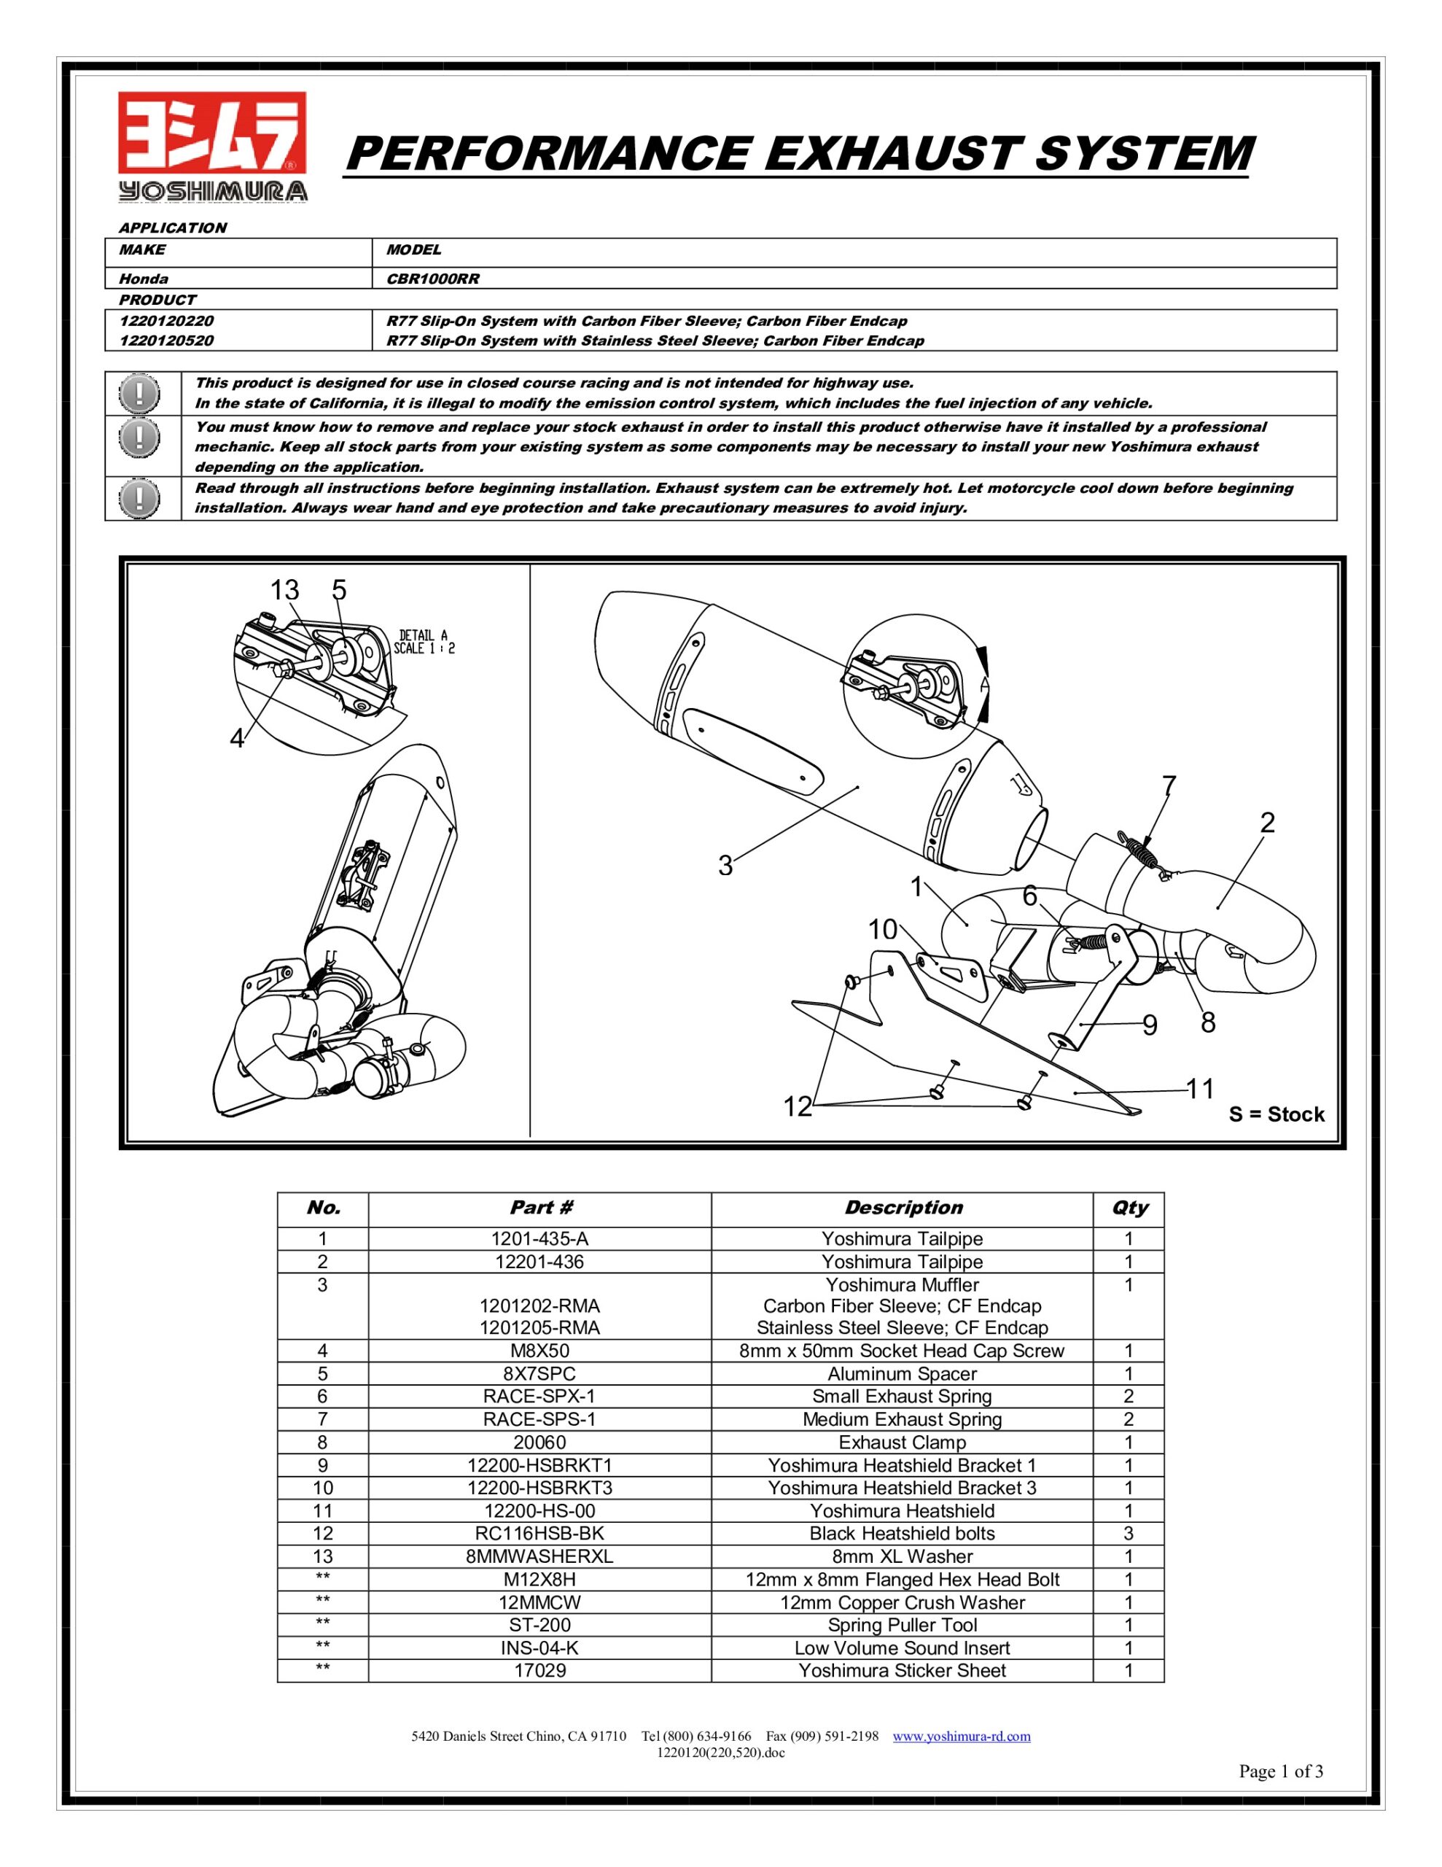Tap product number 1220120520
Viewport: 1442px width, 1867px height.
click(167, 341)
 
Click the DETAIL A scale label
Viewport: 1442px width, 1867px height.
click(424, 641)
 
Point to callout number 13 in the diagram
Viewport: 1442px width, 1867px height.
click(284, 590)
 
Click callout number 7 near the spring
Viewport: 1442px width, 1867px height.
click(1169, 785)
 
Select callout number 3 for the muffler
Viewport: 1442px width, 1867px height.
click(725, 866)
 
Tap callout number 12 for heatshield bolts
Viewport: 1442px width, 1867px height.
click(798, 1107)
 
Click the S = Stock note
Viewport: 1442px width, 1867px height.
click(1277, 1114)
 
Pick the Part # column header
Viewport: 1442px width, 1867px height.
click(540, 1207)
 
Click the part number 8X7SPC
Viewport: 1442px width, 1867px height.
click(539, 1374)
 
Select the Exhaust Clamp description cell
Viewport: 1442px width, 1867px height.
click(902, 1442)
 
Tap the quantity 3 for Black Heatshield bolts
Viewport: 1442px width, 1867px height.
click(1129, 1534)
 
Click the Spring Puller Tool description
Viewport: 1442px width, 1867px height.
click(902, 1625)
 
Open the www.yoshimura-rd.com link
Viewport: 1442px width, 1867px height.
click(962, 1736)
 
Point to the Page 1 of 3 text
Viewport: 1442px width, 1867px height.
click(1280, 1771)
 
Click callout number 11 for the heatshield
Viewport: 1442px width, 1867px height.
click(1200, 1088)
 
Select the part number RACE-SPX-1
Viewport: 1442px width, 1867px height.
click(539, 1396)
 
